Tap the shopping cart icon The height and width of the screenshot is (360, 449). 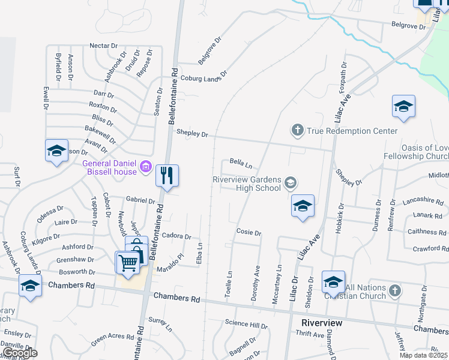(128, 262)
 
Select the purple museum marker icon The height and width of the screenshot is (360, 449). (145, 166)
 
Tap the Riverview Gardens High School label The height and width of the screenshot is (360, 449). (247, 184)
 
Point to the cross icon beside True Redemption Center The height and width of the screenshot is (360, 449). (297, 130)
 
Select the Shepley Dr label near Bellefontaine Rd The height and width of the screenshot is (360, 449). (192, 134)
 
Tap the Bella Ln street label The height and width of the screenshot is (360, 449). (240, 163)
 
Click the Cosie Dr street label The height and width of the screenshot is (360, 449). (249, 233)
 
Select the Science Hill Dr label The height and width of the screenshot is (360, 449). (246, 325)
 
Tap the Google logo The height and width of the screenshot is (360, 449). (20, 353)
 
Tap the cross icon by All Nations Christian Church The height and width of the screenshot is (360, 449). (394, 291)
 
